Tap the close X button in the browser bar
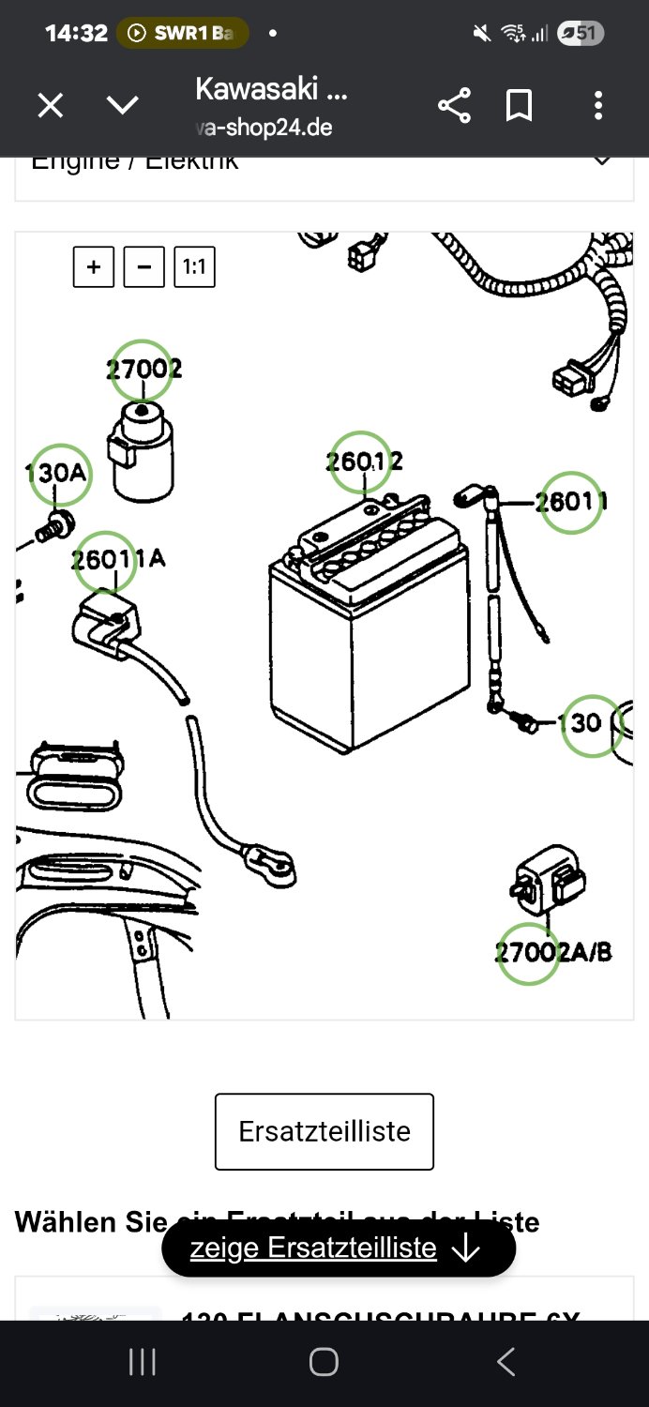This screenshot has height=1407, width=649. [50, 106]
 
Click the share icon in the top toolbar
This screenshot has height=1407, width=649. [454, 106]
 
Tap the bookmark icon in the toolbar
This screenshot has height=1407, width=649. [519, 106]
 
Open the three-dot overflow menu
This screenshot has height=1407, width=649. [598, 106]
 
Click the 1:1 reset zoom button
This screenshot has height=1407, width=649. [194, 267]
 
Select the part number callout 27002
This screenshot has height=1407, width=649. [142, 370]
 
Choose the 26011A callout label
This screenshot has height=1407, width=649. [105, 560]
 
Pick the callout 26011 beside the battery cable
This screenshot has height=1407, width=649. [570, 503]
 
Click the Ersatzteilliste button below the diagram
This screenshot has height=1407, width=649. [324, 1131]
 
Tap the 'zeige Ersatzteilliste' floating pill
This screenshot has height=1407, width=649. [338, 1248]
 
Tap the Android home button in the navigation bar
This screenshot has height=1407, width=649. [324, 1362]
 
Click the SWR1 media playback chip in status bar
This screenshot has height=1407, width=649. [183, 34]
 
